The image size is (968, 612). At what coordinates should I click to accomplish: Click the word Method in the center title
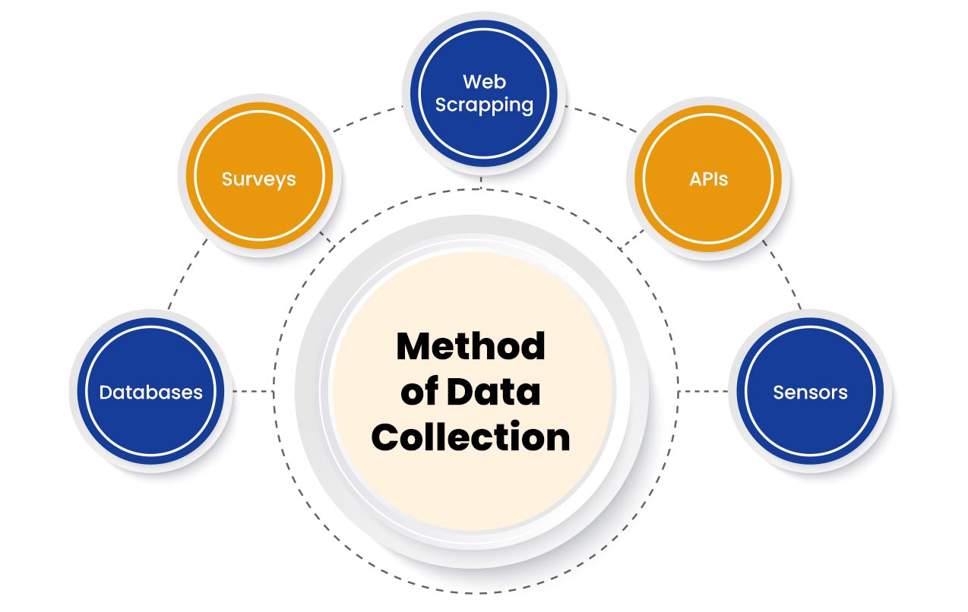[471, 347]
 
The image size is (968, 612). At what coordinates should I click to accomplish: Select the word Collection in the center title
[471, 438]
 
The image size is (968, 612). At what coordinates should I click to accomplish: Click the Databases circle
[151, 392]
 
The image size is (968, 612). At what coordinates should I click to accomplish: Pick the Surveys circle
[258, 179]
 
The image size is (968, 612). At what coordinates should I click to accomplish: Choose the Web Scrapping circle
[484, 93]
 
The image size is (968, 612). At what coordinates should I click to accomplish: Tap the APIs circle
[708, 179]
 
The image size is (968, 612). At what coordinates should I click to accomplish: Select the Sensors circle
[810, 392]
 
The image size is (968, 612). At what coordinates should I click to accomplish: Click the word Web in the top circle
[484, 81]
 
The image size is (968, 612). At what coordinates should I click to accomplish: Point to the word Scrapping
[484, 105]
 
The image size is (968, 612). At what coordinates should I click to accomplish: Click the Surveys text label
[258, 179]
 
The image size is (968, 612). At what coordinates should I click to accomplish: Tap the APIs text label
[708, 179]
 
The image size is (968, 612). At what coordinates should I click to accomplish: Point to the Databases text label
[151, 393]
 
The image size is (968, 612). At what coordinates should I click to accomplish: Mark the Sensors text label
[810, 393]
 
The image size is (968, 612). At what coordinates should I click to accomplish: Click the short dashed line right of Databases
[253, 392]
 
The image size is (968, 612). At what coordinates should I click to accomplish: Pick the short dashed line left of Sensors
[703, 392]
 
